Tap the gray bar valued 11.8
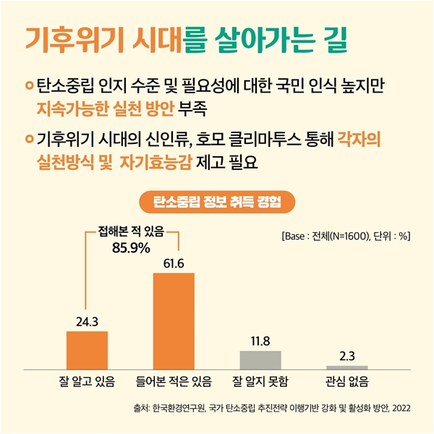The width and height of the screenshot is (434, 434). [x=260, y=359]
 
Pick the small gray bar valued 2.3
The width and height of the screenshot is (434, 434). [x=347, y=367]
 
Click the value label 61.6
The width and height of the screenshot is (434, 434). [x=174, y=263]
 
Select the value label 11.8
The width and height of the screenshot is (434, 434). [x=260, y=340]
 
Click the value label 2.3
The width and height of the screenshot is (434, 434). [x=347, y=355]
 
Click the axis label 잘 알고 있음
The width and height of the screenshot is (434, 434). [x=87, y=381]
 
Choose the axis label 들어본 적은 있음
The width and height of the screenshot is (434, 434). [x=174, y=381]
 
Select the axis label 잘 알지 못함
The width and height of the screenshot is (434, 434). [x=260, y=381]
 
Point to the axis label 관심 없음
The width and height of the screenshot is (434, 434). [x=347, y=381]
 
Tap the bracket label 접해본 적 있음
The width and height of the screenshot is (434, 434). [x=131, y=231]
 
